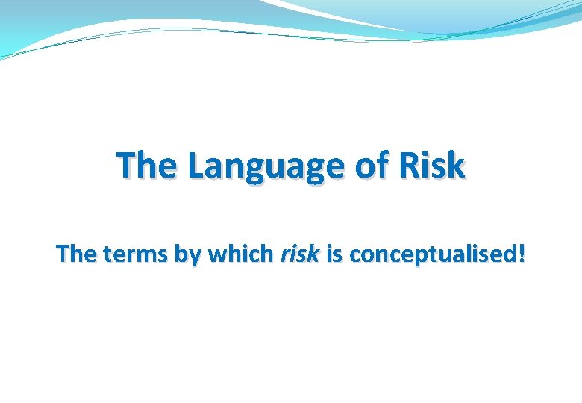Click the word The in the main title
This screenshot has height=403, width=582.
[x=147, y=166]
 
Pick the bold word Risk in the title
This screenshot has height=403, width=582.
[x=433, y=166]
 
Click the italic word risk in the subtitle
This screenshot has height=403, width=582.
[x=299, y=254]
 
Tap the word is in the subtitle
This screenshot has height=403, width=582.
[x=334, y=254]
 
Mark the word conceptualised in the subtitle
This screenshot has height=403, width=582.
[x=432, y=255]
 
